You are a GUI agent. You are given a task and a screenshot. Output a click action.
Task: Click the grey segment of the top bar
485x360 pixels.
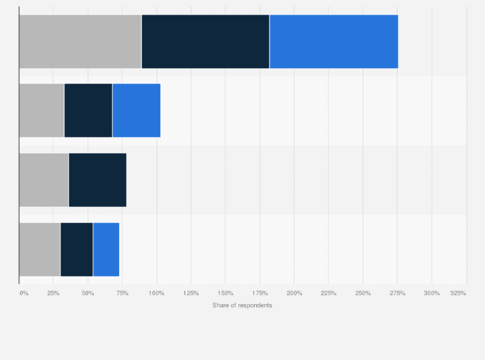(80, 41)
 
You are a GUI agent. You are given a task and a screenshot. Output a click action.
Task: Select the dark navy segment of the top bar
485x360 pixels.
(205, 41)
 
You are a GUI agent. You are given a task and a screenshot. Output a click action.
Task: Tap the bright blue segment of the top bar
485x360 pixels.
(333, 41)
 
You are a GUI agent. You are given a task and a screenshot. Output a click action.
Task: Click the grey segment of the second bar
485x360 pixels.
(42, 111)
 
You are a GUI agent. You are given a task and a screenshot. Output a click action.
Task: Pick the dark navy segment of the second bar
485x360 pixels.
(88, 111)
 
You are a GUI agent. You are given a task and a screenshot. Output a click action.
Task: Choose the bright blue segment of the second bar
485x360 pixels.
(136, 111)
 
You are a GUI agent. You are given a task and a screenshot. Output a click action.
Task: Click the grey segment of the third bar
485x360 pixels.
(44, 180)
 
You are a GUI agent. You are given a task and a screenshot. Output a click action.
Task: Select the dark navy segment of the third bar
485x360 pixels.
(97, 180)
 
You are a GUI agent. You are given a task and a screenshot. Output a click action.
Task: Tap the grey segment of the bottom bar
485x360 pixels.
(40, 249)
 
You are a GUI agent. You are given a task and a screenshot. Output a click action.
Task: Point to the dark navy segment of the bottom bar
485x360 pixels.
(77, 249)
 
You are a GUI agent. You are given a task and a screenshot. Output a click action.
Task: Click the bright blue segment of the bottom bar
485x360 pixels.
(106, 249)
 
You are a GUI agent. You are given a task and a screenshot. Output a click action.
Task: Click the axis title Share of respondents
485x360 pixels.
(242, 305)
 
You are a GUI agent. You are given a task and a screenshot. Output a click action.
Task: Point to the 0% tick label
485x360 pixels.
(24, 293)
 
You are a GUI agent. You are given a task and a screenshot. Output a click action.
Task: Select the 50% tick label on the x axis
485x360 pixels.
(88, 293)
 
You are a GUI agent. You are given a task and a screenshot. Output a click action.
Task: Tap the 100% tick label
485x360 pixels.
(156, 293)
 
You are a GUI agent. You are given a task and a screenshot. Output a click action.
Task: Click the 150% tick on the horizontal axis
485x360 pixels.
(225, 293)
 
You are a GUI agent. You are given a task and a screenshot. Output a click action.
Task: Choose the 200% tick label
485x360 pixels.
(294, 293)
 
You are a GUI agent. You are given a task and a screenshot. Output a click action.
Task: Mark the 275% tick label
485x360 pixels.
(397, 293)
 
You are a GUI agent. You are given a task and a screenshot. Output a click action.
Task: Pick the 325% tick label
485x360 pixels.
(458, 293)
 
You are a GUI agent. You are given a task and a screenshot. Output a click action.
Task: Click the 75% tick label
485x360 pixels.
(122, 293)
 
